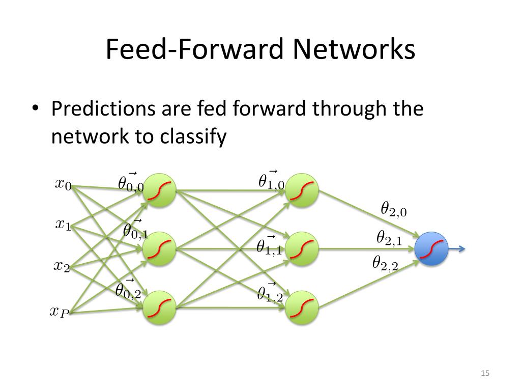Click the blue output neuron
click(431, 248)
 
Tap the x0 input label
click(63, 184)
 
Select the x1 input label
click(63, 225)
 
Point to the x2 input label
click(62, 266)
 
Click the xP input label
click(60, 312)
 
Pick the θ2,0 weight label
click(394, 209)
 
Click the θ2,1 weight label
click(389, 238)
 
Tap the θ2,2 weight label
click(385, 263)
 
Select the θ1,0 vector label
click(272, 180)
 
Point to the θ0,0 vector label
click(131, 182)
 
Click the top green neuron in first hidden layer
click(159, 190)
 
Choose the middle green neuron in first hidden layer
click(159, 248)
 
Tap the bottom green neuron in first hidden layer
click(159, 308)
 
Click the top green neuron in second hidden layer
click(302, 190)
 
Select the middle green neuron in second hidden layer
click(302, 248)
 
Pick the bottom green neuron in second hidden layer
click(302, 308)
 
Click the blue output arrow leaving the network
click(457, 248)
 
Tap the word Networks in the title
click(354, 49)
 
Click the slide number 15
click(485, 373)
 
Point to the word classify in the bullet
click(193, 136)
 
